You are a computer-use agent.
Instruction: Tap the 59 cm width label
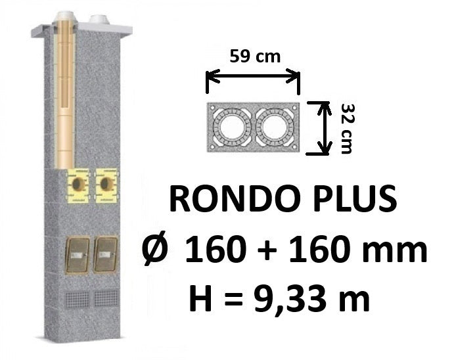click(x=255, y=56)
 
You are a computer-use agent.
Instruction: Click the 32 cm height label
click(x=347, y=129)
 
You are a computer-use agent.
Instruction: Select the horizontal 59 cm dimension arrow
click(x=252, y=76)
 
